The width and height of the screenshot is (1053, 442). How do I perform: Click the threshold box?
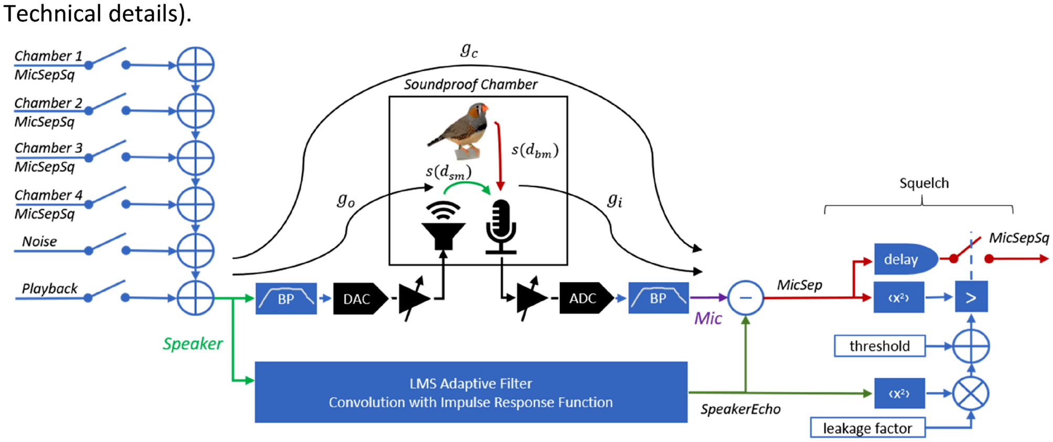coord(879,346)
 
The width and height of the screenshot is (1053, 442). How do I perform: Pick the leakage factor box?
coord(867,428)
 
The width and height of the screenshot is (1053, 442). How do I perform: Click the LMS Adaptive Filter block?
coord(471,392)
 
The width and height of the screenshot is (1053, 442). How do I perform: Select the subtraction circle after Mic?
coord(745,298)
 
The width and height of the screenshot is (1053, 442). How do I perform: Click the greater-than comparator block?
coord(971,297)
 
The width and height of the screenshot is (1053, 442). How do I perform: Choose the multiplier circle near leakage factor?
coord(971,393)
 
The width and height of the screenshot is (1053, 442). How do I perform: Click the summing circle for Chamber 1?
coord(195,65)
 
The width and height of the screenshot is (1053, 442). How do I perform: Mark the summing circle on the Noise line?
coord(195,251)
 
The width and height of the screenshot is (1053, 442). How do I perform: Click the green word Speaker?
coord(193,344)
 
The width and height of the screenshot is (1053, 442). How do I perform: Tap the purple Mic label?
coord(708,319)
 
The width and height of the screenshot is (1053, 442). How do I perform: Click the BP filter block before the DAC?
coord(286,299)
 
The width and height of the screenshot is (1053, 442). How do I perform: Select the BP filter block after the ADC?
coord(658,298)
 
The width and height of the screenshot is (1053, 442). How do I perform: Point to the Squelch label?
coord(923,183)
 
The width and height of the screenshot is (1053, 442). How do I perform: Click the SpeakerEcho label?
coord(740,409)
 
